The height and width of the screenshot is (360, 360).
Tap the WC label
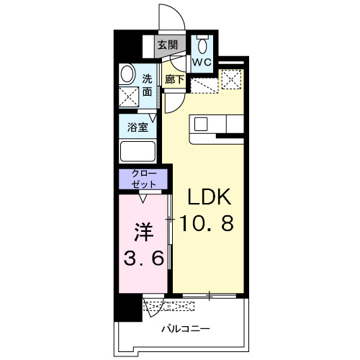202,63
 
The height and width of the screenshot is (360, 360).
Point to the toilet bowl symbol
202,39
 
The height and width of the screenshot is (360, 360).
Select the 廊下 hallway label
174,79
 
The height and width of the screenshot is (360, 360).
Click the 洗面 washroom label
147,85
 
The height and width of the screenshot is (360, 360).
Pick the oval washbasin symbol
127,73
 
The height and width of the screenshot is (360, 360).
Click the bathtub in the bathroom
138,152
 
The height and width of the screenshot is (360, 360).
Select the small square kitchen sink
201,123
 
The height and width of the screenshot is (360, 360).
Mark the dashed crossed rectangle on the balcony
170,307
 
